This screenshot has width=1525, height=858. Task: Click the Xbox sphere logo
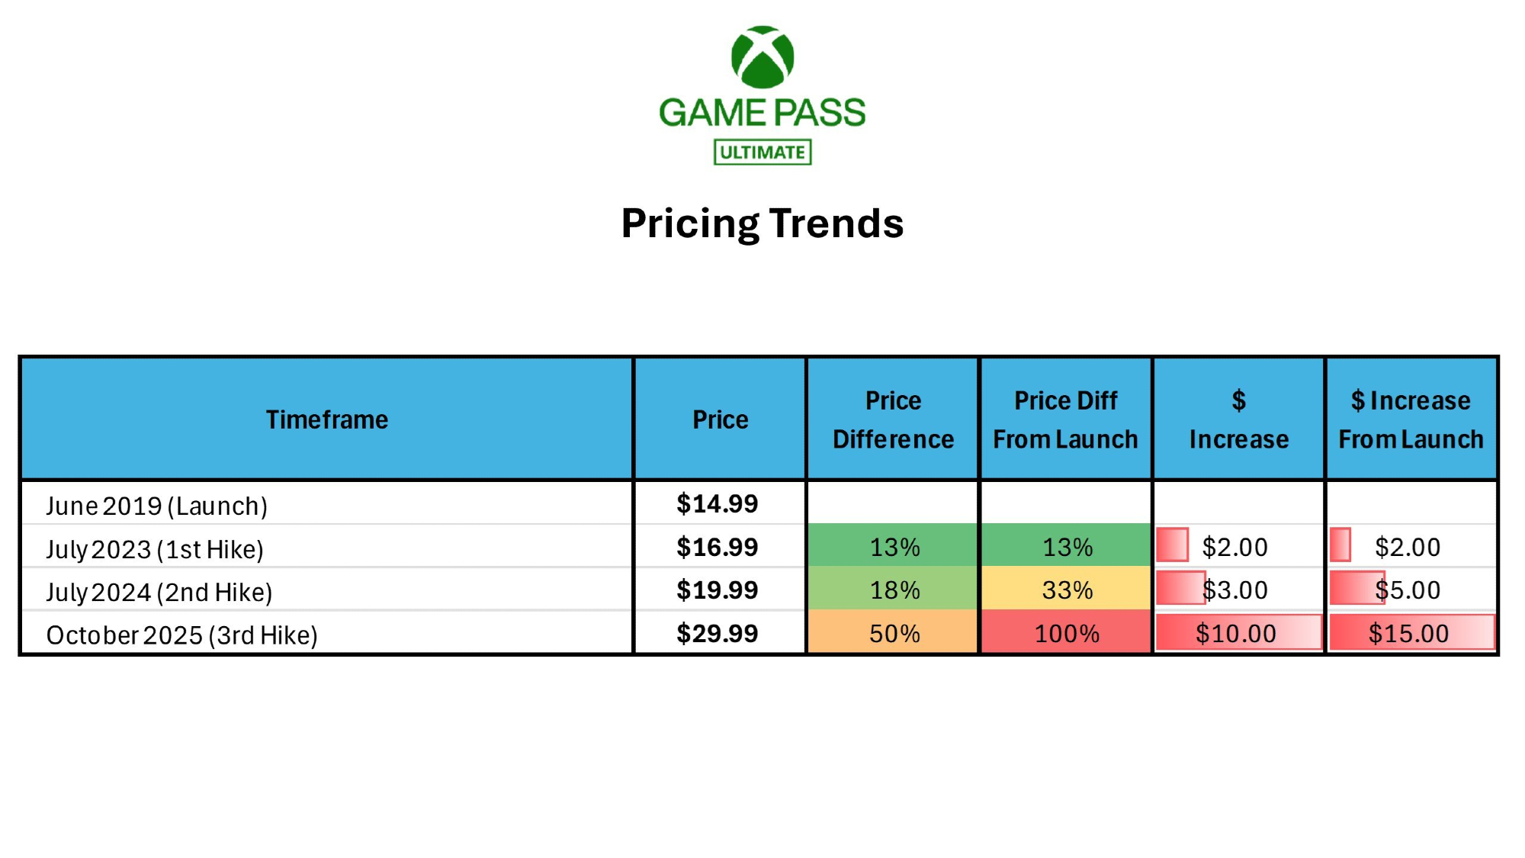click(762, 57)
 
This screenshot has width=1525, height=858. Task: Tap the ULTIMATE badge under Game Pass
click(762, 152)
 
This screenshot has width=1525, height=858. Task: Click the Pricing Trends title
click(762, 223)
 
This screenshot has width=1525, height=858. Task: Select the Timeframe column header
click(327, 419)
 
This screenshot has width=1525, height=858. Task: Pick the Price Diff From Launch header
click(1066, 419)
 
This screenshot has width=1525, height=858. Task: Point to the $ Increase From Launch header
click(1411, 419)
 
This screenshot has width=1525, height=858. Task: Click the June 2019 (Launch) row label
click(157, 506)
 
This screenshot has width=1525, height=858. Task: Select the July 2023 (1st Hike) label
click(155, 549)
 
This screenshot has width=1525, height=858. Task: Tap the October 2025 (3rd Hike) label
click(182, 635)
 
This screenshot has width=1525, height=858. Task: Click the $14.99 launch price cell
click(718, 503)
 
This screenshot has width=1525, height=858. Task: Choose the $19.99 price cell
click(718, 590)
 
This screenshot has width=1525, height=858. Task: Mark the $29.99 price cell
click(718, 633)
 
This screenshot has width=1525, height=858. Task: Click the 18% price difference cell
click(893, 589)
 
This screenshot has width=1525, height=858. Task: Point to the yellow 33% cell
click(1066, 589)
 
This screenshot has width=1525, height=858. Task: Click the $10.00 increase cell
click(1239, 632)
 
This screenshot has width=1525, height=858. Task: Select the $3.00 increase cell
click(1239, 589)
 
